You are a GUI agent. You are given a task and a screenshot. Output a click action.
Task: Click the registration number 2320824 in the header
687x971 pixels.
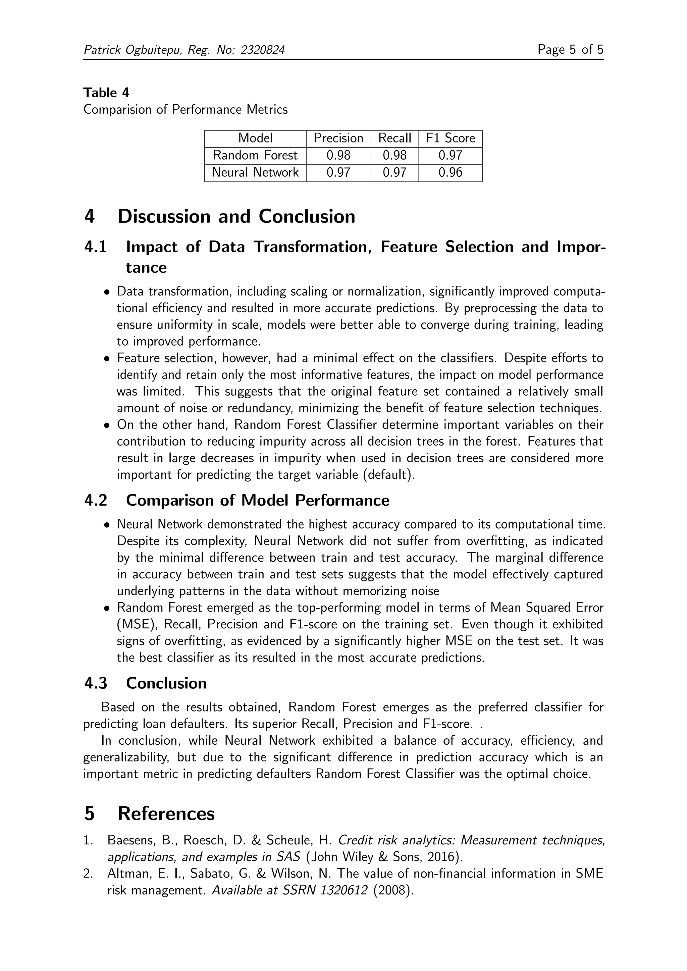pyautogui.click(x=262, y=50)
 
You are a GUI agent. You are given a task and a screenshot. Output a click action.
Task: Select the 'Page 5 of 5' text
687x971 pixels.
pyautogui.click(x=570, y=50)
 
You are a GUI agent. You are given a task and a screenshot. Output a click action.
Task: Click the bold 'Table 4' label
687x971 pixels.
pyautogui.click(x=106, y=93)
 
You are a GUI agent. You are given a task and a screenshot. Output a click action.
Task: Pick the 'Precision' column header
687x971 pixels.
pyautogui.click(x=338, y=138)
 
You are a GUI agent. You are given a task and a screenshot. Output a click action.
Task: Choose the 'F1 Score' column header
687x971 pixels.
pyautogui.click(x=450, y=138)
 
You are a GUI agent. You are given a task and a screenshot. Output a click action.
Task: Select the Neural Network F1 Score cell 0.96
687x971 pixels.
pyautogui.click(x=450, y=173)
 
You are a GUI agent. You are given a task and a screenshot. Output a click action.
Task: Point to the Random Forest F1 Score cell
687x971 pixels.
pyautogui.click(x=450, y=155)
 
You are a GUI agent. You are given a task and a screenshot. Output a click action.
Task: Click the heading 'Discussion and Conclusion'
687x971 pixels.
pyautogui.click(x=236, y=217)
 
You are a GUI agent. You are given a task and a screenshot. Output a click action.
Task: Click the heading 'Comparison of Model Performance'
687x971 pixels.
pyautogui.click(x=257, y=500)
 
